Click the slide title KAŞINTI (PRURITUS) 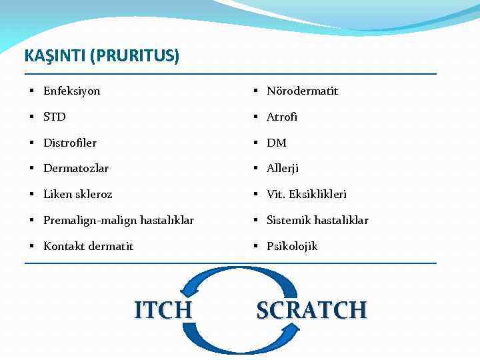tap(101, 56)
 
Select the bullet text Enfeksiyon tap(71, 91)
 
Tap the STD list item tap(55, 117)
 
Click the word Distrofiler tap(70, 143)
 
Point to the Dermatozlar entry tap(76, 169)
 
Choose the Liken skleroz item tap(78, 195)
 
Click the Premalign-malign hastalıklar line tap(119, 220)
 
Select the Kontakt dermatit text tap(88, 246)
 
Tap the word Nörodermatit tap(302, 91)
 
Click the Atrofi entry tap(282, 117)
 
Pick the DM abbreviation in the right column tap(276, 143)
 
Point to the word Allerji tap(283, 169)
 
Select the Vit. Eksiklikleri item tap(307, 195)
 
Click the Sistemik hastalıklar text tap(317, 220)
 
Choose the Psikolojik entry tap(292, 246)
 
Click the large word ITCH tap(163, 310)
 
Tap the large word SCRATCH tap(311, 310)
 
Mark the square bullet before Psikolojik tap(256, 247)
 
